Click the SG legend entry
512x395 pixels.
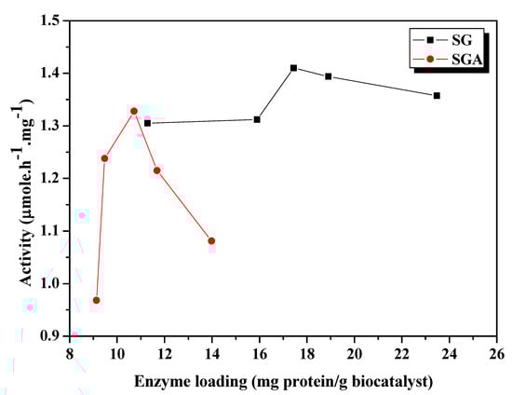coord(448,40)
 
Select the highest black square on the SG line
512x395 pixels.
coord(293,68)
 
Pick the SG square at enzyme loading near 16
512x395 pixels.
coord(257,119)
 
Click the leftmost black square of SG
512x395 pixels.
coord(147,123)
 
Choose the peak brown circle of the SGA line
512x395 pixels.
coord(134,111)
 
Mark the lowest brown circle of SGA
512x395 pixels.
coord(96,300)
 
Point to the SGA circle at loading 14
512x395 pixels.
coord(211,240)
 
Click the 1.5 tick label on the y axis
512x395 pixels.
coord(49,20)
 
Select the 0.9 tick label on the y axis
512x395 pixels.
coord(49,335)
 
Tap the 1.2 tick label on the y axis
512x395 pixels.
coord(49,178)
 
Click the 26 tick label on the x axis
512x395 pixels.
coord(496,354)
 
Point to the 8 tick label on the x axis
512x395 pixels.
coord(70,354)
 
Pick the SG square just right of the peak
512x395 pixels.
coord(329,76)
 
